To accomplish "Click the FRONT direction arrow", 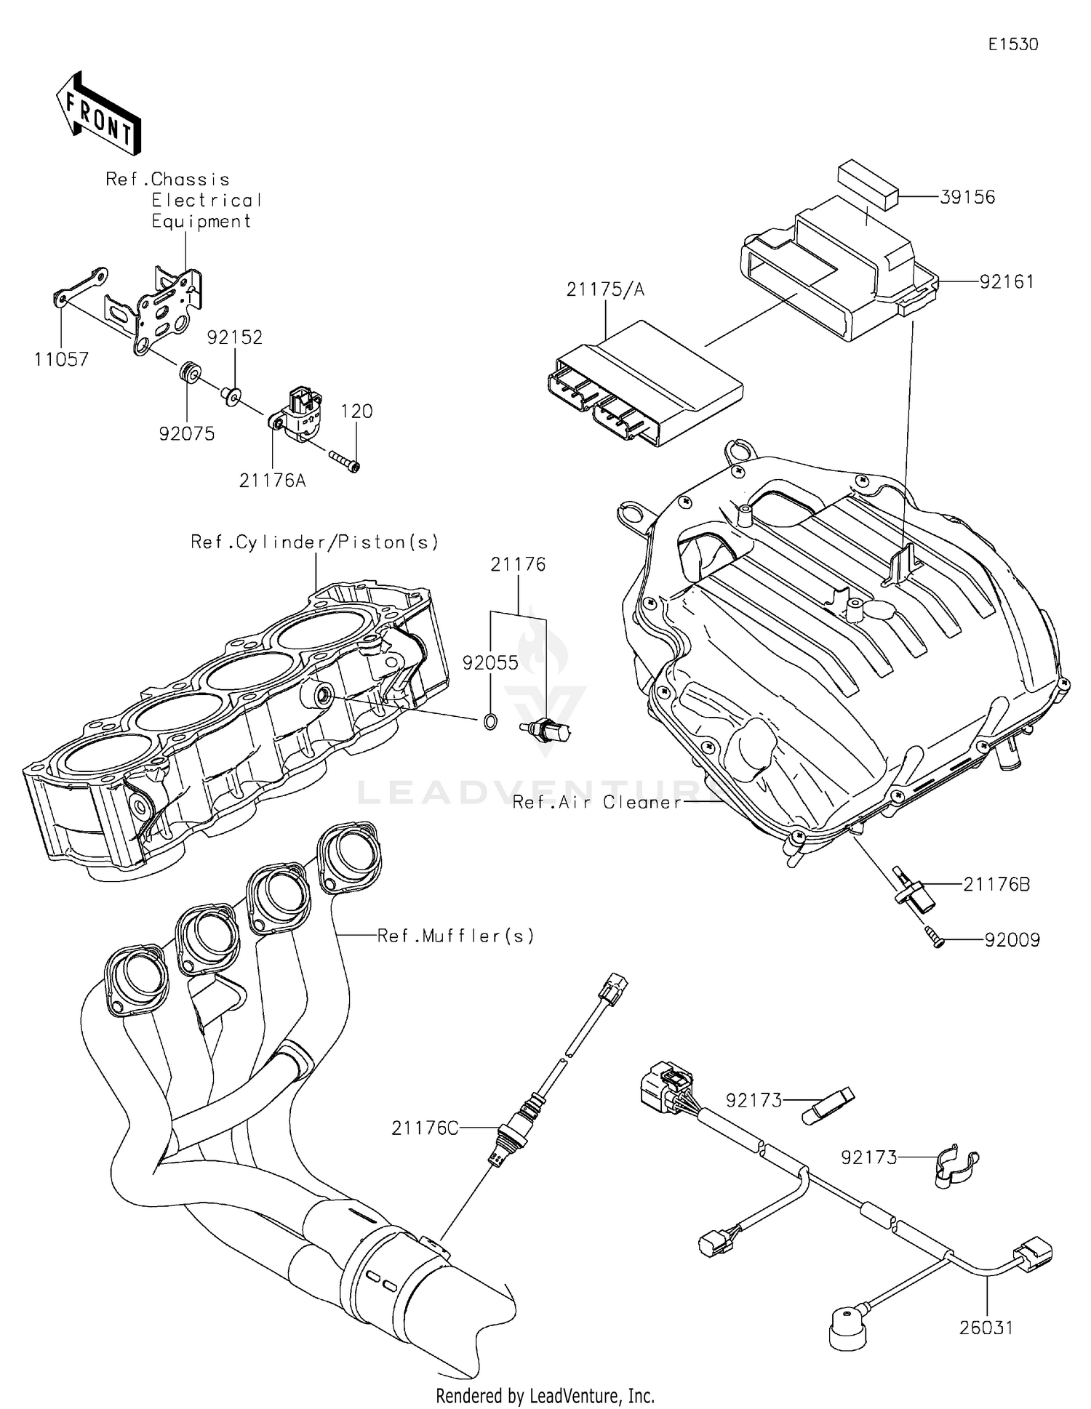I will coord(97,113).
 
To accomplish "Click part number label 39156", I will coord(967,197).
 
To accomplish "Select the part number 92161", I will coord(1006,281).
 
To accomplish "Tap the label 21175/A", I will coord(605,289).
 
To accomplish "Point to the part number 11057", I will coord(61,358).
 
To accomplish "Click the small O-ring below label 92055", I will coord(490,722).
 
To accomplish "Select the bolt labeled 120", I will coord(345,461).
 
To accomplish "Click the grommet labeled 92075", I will coord(190,374).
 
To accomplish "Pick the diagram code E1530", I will coord(1012,44).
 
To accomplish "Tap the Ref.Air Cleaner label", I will coord(596,802).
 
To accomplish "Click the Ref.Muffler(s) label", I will coord(455,936).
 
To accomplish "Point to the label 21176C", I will coord(425,1128).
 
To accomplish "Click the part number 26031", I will coord(986,1328).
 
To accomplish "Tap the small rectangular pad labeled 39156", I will coord(868,186).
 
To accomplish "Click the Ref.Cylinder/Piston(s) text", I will coord(315,542).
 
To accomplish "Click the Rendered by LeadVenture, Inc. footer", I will coord(545,1395).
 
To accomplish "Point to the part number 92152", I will coord(234,337).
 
